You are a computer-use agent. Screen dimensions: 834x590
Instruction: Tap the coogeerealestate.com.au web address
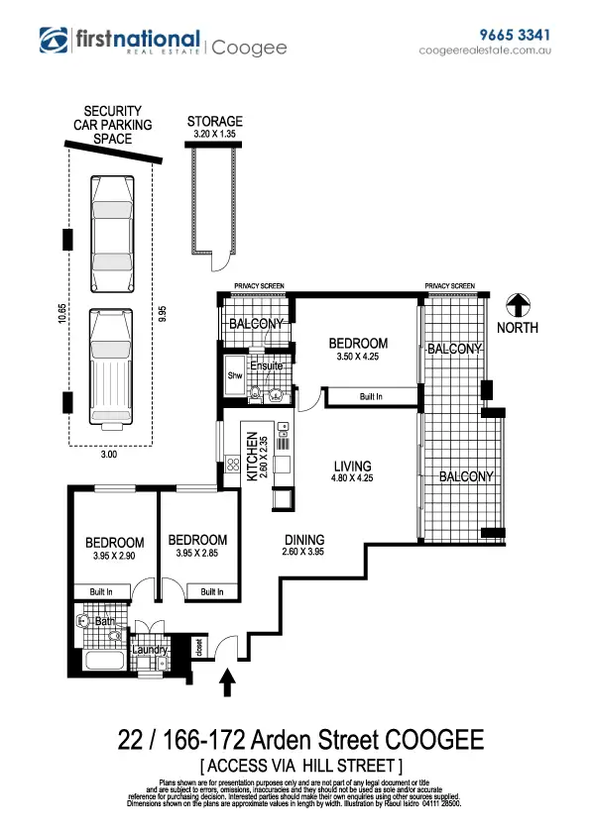[485, 50]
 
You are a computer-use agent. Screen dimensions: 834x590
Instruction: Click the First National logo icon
[54, 40]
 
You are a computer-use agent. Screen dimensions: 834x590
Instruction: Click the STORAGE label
[214, 122]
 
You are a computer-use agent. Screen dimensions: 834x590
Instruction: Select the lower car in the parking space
[110, 365]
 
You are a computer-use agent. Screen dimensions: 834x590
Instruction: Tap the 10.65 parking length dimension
[61, 314]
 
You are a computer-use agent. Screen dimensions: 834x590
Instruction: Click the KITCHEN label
[252, 456]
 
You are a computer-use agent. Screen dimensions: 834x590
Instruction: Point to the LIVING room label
[352, 467]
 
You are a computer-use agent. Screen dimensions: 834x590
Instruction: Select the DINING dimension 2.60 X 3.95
[303, 553]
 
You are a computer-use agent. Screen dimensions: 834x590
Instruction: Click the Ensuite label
[266, 366]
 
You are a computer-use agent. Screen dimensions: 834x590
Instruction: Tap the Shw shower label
[235, 375]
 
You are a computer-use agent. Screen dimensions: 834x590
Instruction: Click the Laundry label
[150, 650]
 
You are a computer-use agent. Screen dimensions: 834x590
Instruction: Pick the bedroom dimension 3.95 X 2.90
[114, 556]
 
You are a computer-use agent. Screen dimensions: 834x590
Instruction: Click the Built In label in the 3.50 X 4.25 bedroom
[372, 396]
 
